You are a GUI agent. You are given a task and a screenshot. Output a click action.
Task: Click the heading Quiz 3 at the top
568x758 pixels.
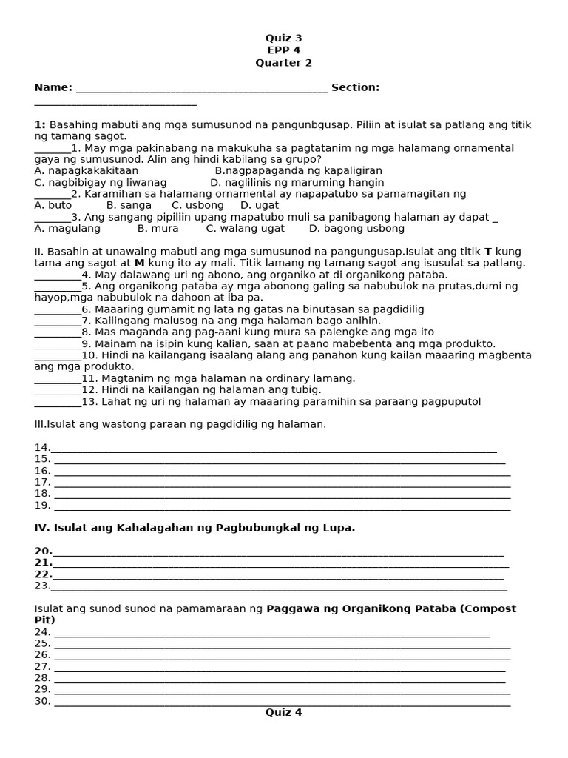pos(284,38)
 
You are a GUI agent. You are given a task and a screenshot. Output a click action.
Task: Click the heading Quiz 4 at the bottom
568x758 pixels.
pos(284,713)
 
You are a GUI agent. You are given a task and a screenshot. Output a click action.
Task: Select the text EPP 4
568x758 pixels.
pos(284,50)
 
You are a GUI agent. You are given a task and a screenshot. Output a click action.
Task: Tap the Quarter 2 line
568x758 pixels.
pos(284,63)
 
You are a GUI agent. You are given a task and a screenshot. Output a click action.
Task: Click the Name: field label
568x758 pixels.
pos(53,88)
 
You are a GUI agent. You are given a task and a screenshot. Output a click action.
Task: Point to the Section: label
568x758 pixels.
pos(355,88)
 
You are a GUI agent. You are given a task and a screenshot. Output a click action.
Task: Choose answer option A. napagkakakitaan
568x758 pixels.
pos(87,171)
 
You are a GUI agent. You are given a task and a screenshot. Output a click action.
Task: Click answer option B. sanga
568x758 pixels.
pos(129,205)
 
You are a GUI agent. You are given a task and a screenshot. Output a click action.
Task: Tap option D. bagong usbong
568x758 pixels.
pos(356,229)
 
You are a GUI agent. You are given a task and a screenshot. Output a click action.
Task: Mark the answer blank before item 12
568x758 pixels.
pos(57,391)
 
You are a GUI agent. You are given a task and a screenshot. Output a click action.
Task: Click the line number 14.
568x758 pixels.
pos(41,448)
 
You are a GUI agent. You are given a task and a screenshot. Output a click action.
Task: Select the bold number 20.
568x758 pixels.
pos(42,551)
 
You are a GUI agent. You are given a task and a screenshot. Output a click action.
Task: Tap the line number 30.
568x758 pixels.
pos(42,701)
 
